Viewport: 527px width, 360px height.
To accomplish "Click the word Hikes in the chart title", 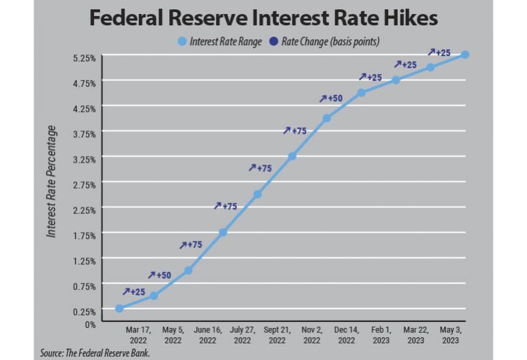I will [x=403, y=18].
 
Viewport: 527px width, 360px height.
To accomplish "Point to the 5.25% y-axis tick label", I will [x=84, y=58].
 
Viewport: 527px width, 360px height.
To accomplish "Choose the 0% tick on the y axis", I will [x=90, y=324].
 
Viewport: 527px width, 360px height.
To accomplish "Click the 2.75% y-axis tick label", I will [x=84, y=185].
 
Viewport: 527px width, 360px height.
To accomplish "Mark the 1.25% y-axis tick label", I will [x=84, y=261].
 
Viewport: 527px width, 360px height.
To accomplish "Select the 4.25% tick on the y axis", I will [x=84, y=109].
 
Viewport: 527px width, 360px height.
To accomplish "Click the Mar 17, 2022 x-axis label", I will [x=137, y=335].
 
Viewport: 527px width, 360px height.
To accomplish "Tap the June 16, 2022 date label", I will [x=207, y=335].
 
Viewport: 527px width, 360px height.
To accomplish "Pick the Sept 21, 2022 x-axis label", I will [x=276, y=335].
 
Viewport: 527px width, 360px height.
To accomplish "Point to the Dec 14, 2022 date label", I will [x=346, y=335].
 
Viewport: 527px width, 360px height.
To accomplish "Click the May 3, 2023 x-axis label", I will [x=450, y=335].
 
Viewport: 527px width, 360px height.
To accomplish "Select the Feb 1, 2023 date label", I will [x=380, y=335].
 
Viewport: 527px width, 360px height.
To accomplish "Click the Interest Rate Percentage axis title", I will [x=51, y=181].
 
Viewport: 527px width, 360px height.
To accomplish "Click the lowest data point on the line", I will [x=119, y=308].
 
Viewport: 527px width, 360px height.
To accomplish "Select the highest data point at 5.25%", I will [x=465, y=55].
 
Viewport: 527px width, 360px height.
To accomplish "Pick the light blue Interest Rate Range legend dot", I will [x=183, y=42].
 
